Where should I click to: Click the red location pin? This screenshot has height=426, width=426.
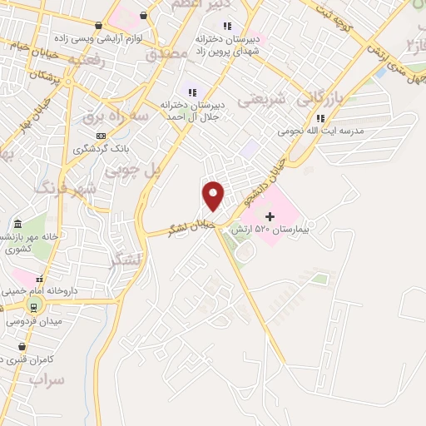coord(214,196)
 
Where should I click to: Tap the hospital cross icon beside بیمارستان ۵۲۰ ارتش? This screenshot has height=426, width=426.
coord(270,216)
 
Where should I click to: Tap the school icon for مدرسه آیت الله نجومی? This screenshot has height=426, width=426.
coord(321,118)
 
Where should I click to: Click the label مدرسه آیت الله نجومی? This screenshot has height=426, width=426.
coord(328,131)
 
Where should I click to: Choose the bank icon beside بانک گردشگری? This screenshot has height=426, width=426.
coord(101,136)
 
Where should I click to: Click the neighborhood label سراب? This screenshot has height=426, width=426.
coord(47,379)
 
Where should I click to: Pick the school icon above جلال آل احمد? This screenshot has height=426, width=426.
coord(193,92)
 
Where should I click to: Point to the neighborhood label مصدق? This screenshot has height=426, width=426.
coord(162,55)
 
